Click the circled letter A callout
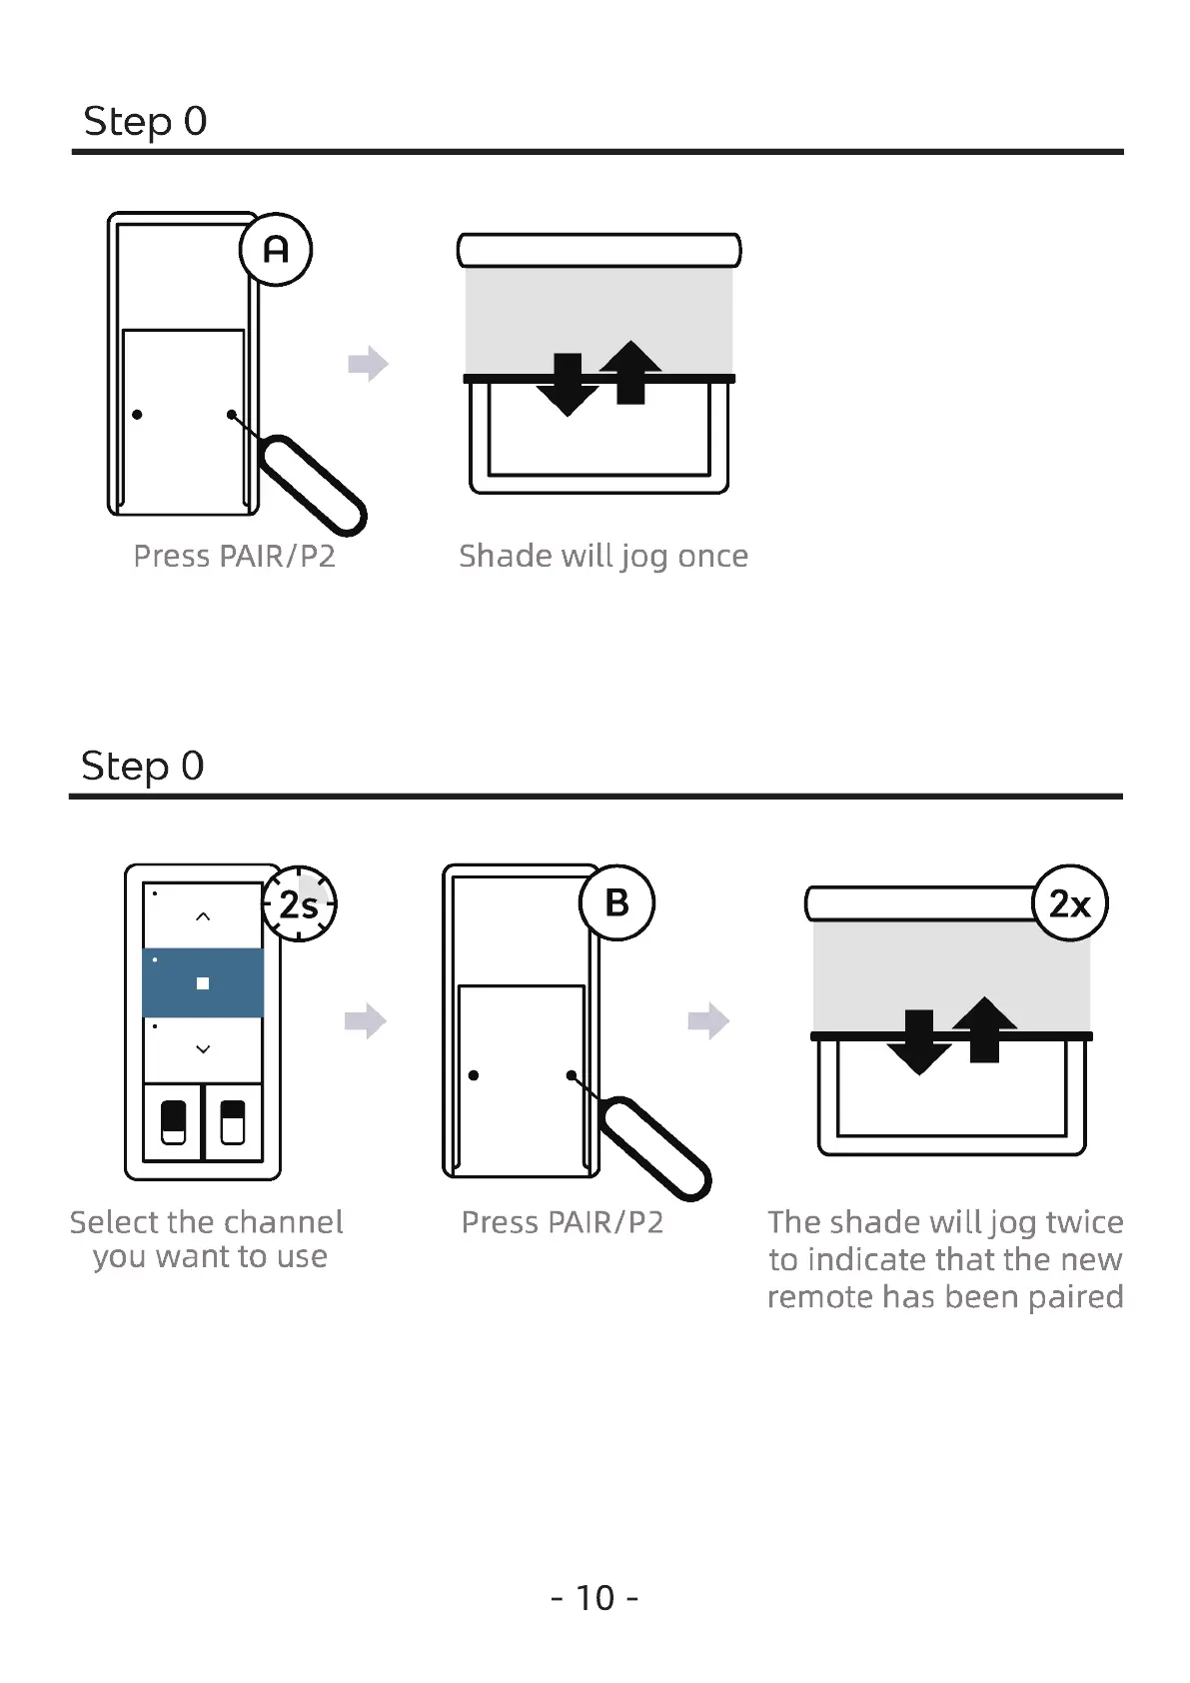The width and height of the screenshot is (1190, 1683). click(x=276, y=249)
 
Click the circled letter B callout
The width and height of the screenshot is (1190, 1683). click(x=616, y=902)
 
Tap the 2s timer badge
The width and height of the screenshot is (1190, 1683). click(x=299, y=903)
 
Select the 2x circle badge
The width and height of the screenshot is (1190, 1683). click(x=1069, y=903)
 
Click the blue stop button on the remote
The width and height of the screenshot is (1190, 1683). click(x=203, y=982)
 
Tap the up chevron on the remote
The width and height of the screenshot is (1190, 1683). click(x=203, y=916)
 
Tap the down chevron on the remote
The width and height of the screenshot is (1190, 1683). click(x=203, y=1049)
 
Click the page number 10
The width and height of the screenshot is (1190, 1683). click(x=595, y=1597)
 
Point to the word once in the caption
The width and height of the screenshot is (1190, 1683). click(x=712, y=556)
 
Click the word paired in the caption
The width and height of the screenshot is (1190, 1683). click(x=1075, y=1296)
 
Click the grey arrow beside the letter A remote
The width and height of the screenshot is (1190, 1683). click(x=368, y=364)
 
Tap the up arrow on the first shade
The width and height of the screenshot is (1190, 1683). click(x=630, y=372)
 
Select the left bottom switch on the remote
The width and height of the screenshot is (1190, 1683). click(x=173, y=1122)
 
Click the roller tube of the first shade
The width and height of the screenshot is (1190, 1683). click(x=598, y=250)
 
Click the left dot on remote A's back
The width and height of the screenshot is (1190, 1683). click(x=137, y=414)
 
